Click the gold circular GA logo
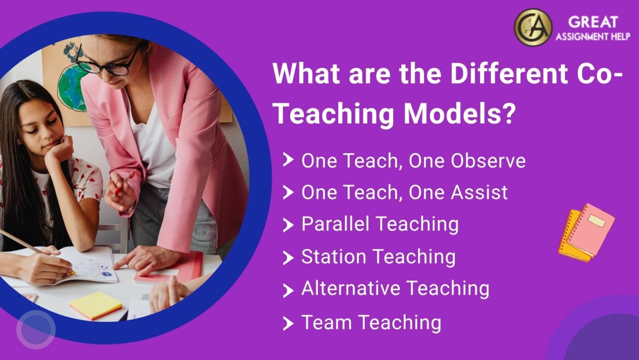[x=533, y=27]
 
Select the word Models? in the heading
[x=460, y=113]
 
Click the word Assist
[x=479, y=192]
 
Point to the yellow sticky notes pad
[x=95, y=305]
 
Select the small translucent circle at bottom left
[x=36, y=329]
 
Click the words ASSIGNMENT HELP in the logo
[x=593, y=37]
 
